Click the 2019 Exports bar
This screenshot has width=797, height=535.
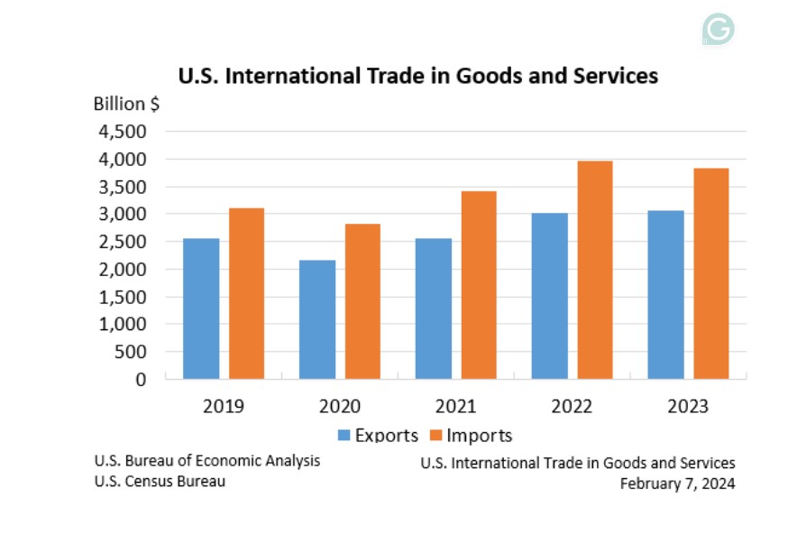200,309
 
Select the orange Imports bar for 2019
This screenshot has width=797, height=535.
246,293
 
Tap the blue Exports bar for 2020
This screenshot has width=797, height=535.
316,319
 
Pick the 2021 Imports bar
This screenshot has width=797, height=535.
478,285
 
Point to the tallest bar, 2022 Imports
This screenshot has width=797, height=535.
594,270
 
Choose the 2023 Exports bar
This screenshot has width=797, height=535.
665,294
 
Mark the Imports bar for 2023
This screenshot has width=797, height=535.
710,273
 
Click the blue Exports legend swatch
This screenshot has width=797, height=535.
344,436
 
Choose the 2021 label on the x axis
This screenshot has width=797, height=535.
455,406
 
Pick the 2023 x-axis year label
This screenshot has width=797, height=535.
688,406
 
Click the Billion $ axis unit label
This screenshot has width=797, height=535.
127,103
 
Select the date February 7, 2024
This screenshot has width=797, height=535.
677,483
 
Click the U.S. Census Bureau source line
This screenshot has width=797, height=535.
160,481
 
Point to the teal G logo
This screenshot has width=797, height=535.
719,30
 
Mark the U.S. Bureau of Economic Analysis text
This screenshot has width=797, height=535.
206,461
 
